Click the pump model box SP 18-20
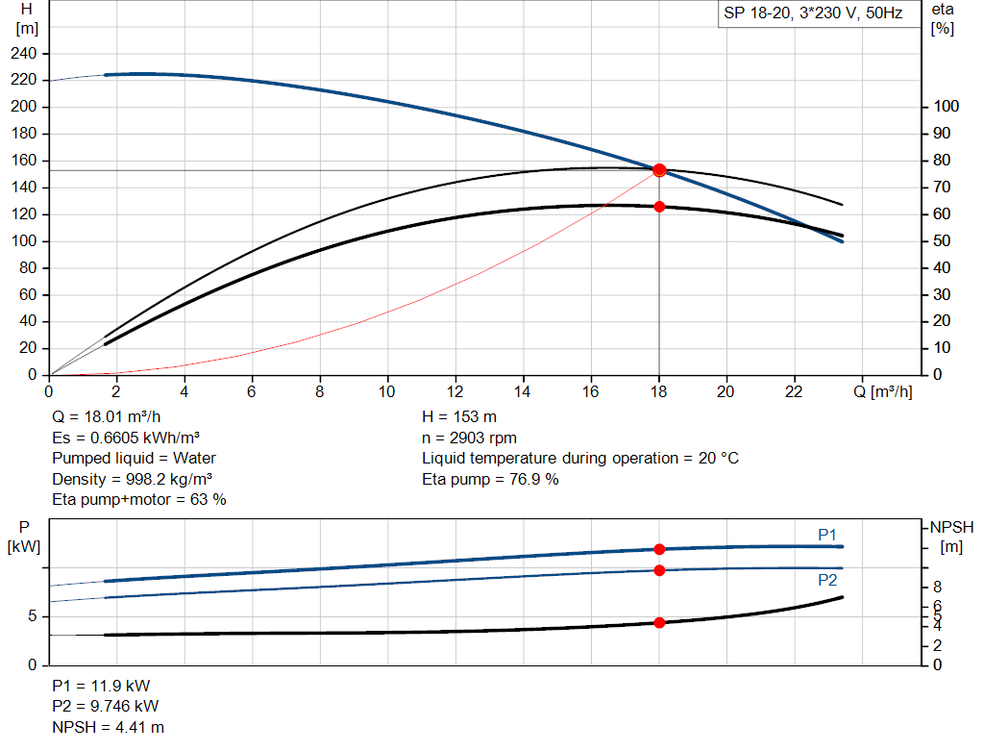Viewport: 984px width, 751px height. [x=813, y=15]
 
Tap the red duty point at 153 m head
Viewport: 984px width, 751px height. [x=659, y=170]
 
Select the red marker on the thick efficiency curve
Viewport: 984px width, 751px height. [x=659, y=207]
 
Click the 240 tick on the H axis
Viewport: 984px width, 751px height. [x=26, y=53]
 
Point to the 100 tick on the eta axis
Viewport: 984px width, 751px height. [x=946, y=107]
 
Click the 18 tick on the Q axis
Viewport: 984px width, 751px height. [x=659, y=391]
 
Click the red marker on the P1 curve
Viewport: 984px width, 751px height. [x=659, y=549]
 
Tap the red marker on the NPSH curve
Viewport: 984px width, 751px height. [x=659, y=622]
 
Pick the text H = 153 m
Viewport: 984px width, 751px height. [x=460, y=416]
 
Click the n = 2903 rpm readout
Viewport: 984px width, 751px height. [x=469, y=438]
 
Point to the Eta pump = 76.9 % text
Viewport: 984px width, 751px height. [x=490, y=479]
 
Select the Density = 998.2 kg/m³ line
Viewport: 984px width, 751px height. [x=133, y=479]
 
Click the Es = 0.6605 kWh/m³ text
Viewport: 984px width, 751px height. [x=126, y=438]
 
